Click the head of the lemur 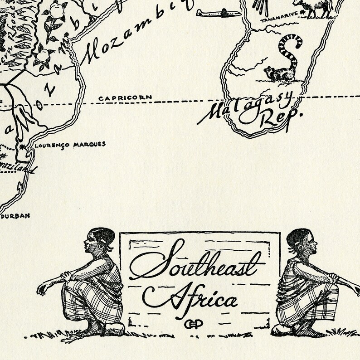(271, 71)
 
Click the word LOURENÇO (48, 145)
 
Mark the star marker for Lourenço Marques (21, 147)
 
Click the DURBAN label (17, 216)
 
